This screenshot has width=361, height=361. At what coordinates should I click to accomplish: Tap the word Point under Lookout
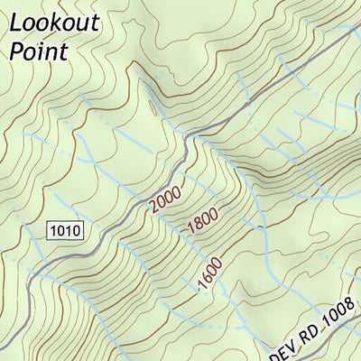point(39,51)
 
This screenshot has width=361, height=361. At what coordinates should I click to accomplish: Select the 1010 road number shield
point(67,230)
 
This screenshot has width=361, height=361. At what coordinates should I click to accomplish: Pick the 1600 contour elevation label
point(209,274)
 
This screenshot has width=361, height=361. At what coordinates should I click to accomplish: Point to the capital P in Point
point(17,51)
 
